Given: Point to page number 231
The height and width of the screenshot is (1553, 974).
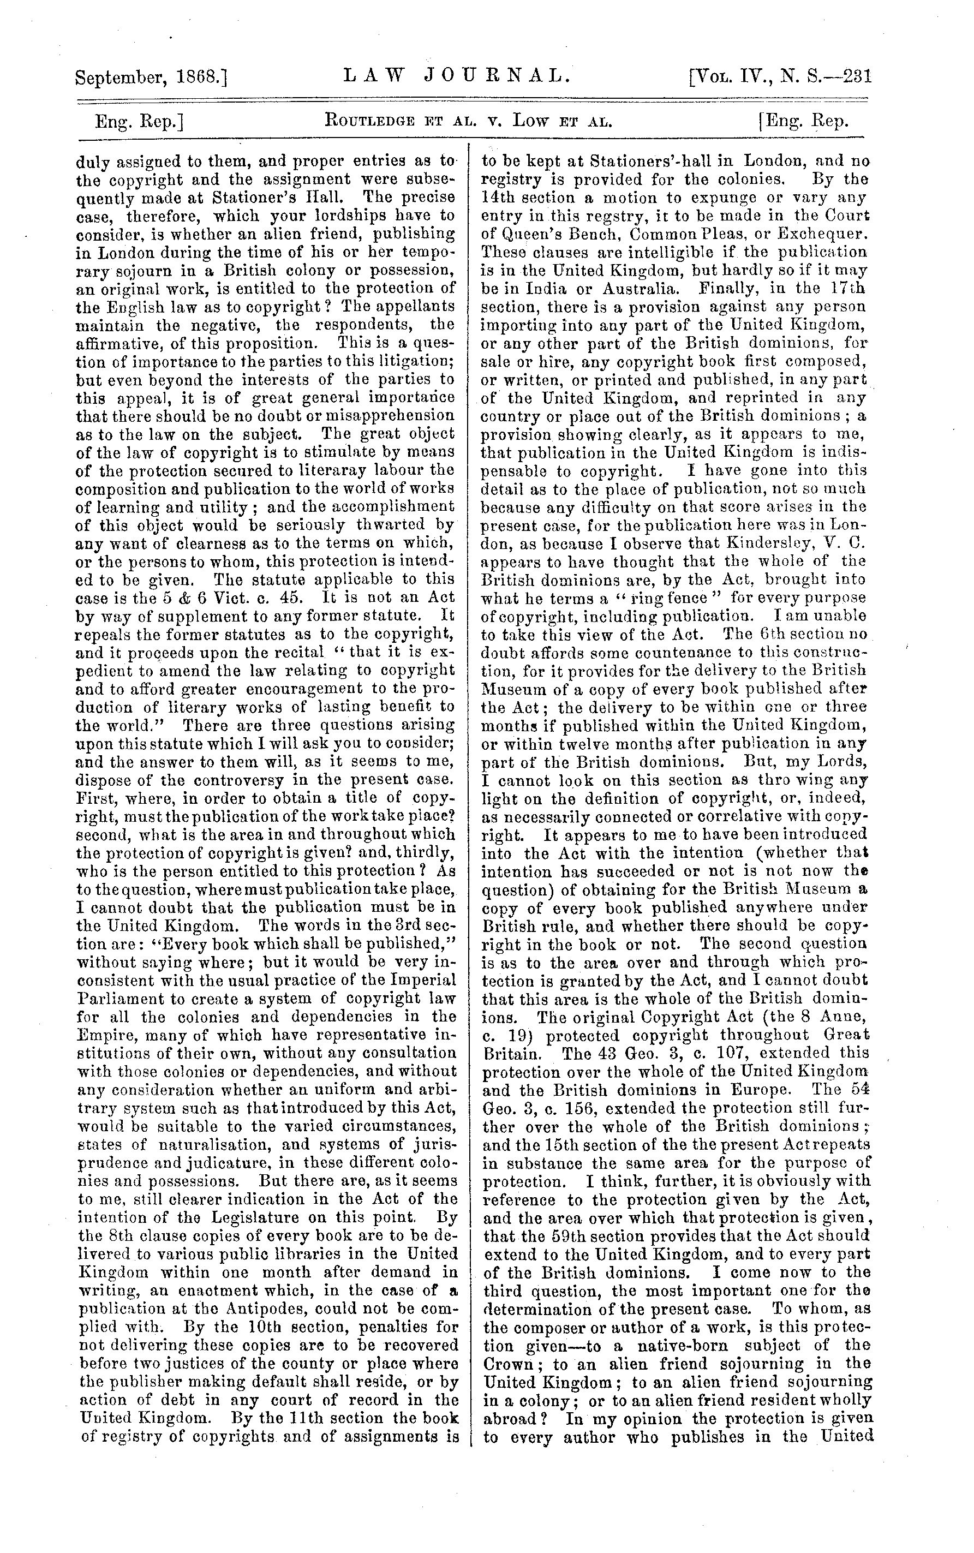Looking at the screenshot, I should [857, 77].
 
